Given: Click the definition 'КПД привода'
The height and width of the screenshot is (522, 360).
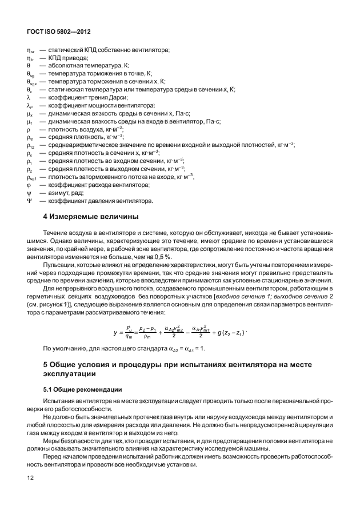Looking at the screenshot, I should pos(69,58).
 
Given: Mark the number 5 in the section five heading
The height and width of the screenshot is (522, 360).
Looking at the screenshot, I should pos(46,364).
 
